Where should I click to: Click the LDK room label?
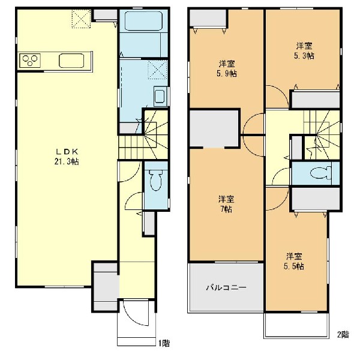(x=67, y=152)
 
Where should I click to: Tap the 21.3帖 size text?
(x=67, y=161)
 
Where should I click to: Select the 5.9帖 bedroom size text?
(x=227, y=73)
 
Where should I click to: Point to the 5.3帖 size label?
(x=304, y=56)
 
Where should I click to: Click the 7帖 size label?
(x=226, y=209)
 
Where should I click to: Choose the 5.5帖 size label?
(x=294, y=266)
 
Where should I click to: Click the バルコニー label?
(x=226, y=287)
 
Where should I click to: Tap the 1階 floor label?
(x=164, y=343)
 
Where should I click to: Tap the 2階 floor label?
(x=343, y=335)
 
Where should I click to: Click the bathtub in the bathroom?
(x=144, y=21)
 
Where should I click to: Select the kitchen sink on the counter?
(x=71, y=61)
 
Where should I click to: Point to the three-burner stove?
(x=30, y=61)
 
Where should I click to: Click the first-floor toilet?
(x=156, y=181)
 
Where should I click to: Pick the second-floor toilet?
(x=321, y=173)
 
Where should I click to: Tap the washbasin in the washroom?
(x=160, y=96)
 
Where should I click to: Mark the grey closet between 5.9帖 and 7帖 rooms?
(x=214, y=128)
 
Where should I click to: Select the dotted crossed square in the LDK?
(x=81, y=19)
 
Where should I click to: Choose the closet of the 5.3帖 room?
(x=316, y=100)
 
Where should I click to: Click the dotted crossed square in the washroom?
(x=157, y=70)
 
